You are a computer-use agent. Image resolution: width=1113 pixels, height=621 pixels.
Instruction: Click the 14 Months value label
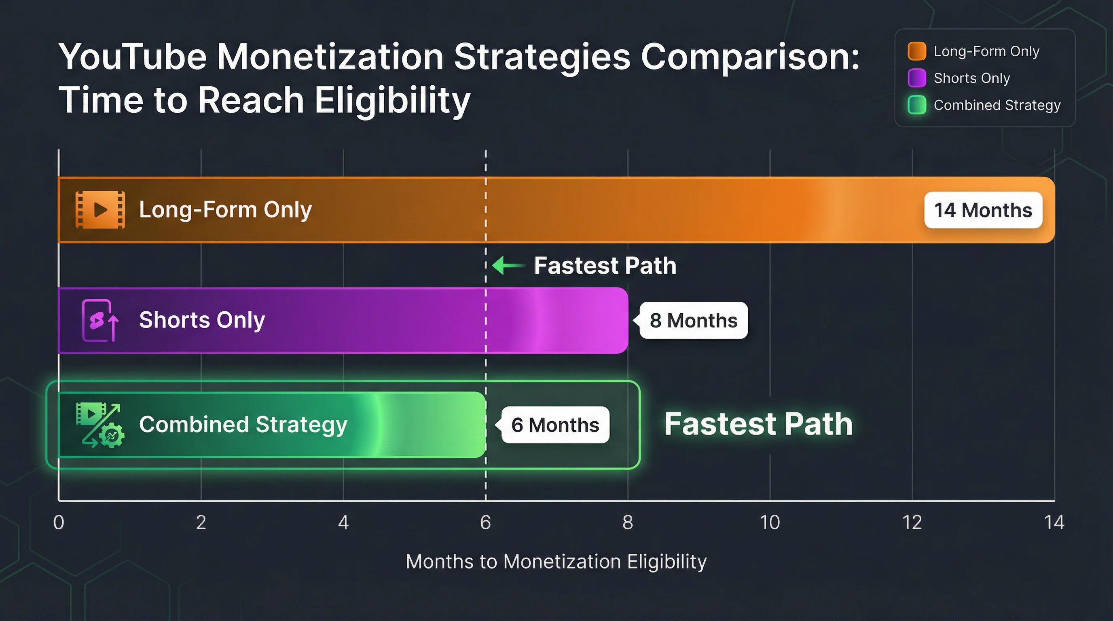(x=983, y=210)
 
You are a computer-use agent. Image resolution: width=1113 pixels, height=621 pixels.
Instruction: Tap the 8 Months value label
(x=693, y=321)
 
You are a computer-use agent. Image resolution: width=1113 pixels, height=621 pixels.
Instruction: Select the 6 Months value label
(x=555, y=425)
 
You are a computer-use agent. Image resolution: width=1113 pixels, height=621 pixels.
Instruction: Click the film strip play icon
(x=100, y=210)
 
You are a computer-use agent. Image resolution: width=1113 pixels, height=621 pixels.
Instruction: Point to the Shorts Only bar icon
(x=100, y=321)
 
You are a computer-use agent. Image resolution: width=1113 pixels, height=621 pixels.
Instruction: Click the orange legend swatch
(x=916, y=51)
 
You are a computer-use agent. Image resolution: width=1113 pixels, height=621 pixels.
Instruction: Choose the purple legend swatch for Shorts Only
(x=916, y=78)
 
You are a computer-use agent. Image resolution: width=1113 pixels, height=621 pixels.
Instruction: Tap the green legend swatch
(x=916, y=105)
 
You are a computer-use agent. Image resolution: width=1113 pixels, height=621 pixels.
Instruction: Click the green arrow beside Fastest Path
(x=508, y=265)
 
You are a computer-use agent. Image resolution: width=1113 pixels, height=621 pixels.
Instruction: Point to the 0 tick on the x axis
(x=59, y=522)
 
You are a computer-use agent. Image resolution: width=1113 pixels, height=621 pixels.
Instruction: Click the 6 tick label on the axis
(x=485, y=522)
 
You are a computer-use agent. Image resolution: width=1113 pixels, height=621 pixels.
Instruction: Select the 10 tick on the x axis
(x=770, y=522)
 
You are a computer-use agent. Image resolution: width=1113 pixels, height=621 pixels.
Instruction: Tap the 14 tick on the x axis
(x=1054, y=522)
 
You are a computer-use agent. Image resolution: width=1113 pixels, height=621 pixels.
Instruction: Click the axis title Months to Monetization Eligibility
(x=556, y=562)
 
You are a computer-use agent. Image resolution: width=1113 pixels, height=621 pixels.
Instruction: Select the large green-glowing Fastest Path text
(x=758, y=424)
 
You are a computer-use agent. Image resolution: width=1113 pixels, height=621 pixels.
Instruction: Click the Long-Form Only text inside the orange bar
(x=225, y=210)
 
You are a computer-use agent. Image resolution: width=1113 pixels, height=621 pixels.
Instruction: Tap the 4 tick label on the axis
(x=343, y=522)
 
